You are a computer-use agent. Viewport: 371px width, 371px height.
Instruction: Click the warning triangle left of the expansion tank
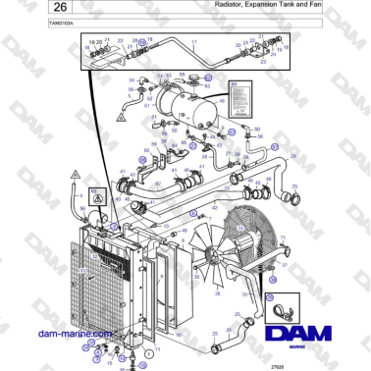[x=120, y=115]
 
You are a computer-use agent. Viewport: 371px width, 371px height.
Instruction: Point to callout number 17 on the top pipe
[x=194, y=43]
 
